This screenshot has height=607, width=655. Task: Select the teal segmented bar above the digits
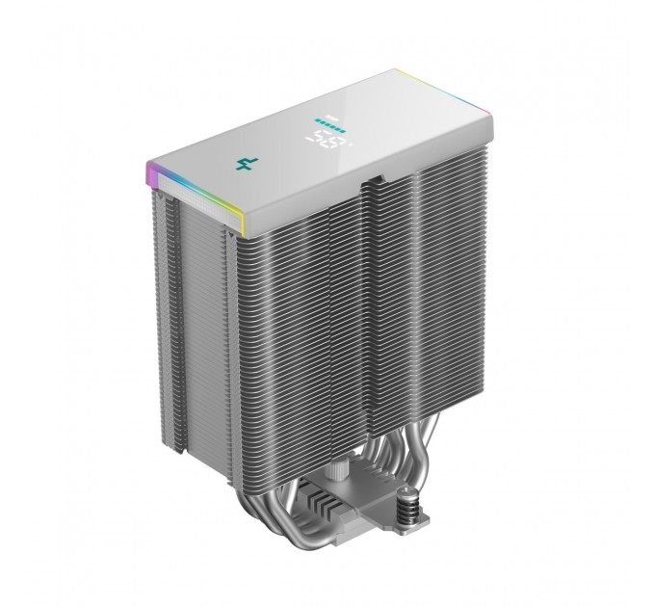(328, 123)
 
